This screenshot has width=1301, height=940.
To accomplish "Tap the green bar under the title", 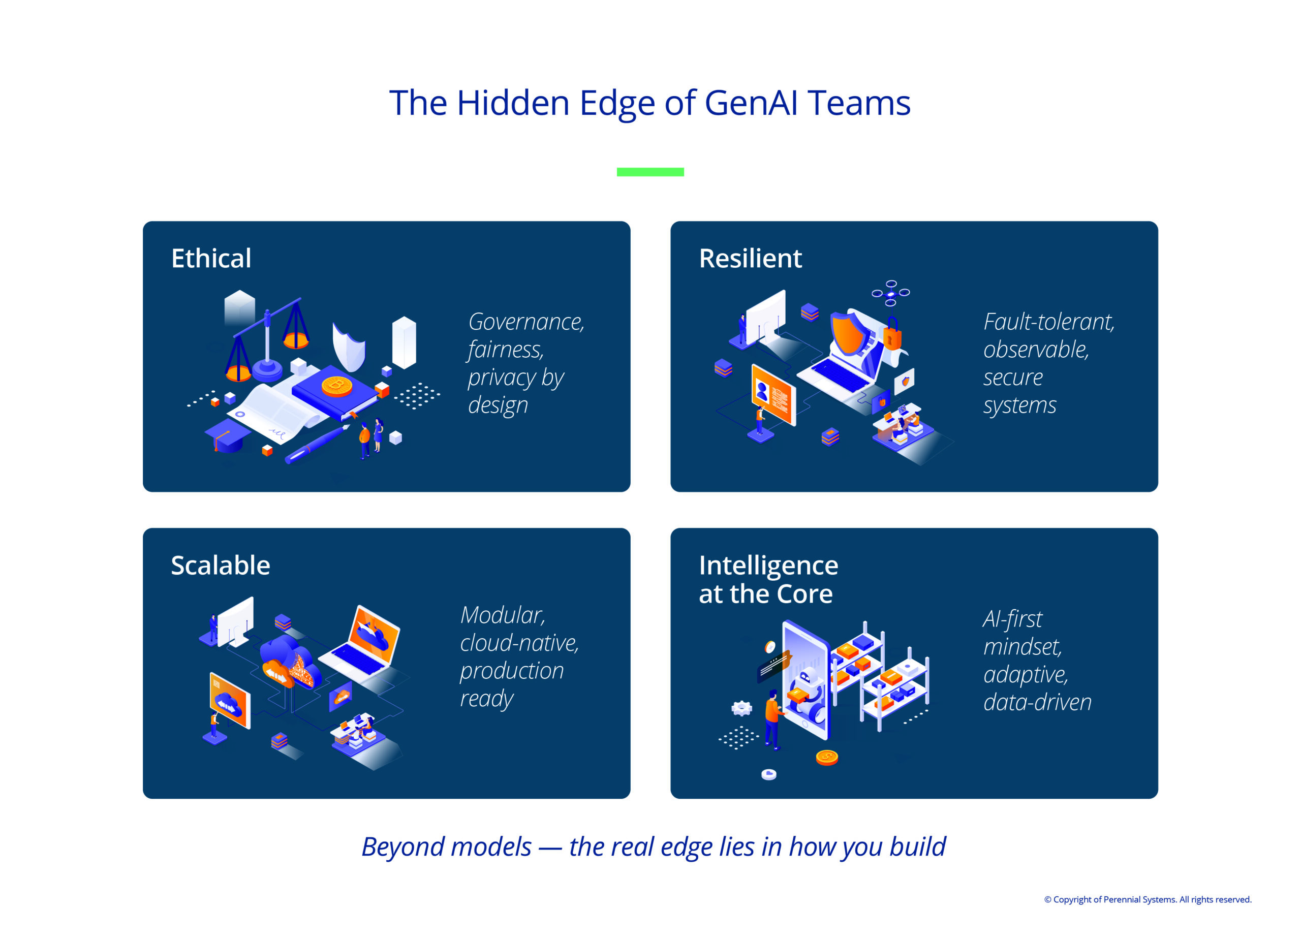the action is (x=650, y=172).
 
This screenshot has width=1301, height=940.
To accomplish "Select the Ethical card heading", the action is (x=211, y=259).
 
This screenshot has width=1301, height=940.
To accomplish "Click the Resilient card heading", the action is (x=750, y=259).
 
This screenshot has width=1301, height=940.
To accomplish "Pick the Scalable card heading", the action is (x=220, y=566).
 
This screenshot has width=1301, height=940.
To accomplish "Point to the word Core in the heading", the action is (x=805, y=594).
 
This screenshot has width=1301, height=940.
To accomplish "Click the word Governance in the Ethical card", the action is (x=526, y=322).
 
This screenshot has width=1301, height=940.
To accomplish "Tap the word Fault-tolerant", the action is (x=1049, y=322).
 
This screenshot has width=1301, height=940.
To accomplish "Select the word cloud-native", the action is (x=520, y=643).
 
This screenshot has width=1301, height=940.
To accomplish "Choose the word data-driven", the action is (x=1038, y=703).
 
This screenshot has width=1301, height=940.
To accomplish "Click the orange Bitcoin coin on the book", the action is (x=337, y=386).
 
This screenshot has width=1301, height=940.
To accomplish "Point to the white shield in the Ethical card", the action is (x=349, y=347).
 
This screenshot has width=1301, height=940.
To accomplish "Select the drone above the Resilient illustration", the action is (x=891, y=293).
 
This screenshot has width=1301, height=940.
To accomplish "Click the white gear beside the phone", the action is (x=741, y=709).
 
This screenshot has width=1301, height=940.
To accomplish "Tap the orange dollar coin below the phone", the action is (x=827, y=758).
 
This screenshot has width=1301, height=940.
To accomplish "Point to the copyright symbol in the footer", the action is (x=1047, y=900).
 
